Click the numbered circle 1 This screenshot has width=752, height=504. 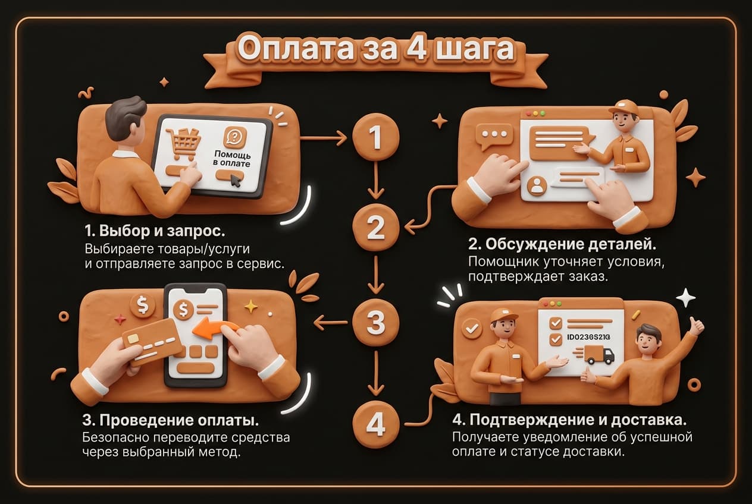375,137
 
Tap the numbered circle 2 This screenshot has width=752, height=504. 375,228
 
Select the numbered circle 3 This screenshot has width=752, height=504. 375,322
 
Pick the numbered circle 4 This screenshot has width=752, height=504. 375,424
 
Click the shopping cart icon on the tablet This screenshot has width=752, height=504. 183,144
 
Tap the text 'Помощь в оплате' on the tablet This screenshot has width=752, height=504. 232,159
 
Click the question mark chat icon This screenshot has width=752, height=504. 234,137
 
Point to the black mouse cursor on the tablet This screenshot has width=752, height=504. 236,181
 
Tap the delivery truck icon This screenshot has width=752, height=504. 599,355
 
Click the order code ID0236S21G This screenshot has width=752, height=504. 588,337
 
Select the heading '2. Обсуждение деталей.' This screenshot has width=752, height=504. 562,244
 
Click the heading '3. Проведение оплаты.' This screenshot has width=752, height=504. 171,421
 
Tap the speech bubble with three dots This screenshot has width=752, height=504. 494,137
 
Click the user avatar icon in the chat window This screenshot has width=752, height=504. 537,186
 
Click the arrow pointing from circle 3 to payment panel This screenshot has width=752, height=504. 331,323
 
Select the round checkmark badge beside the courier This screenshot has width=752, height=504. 472,328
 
